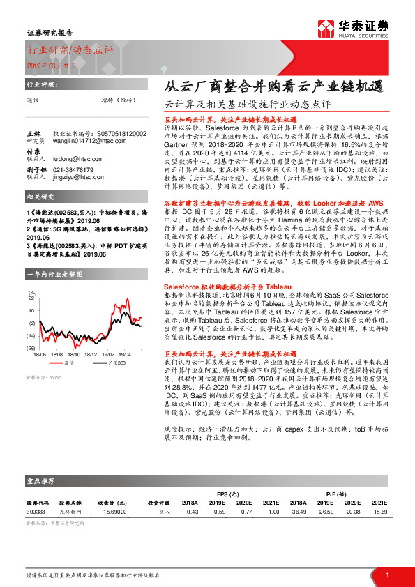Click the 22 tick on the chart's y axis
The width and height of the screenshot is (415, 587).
click(31, 298)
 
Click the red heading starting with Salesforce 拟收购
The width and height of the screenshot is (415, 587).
click(211, 286)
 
